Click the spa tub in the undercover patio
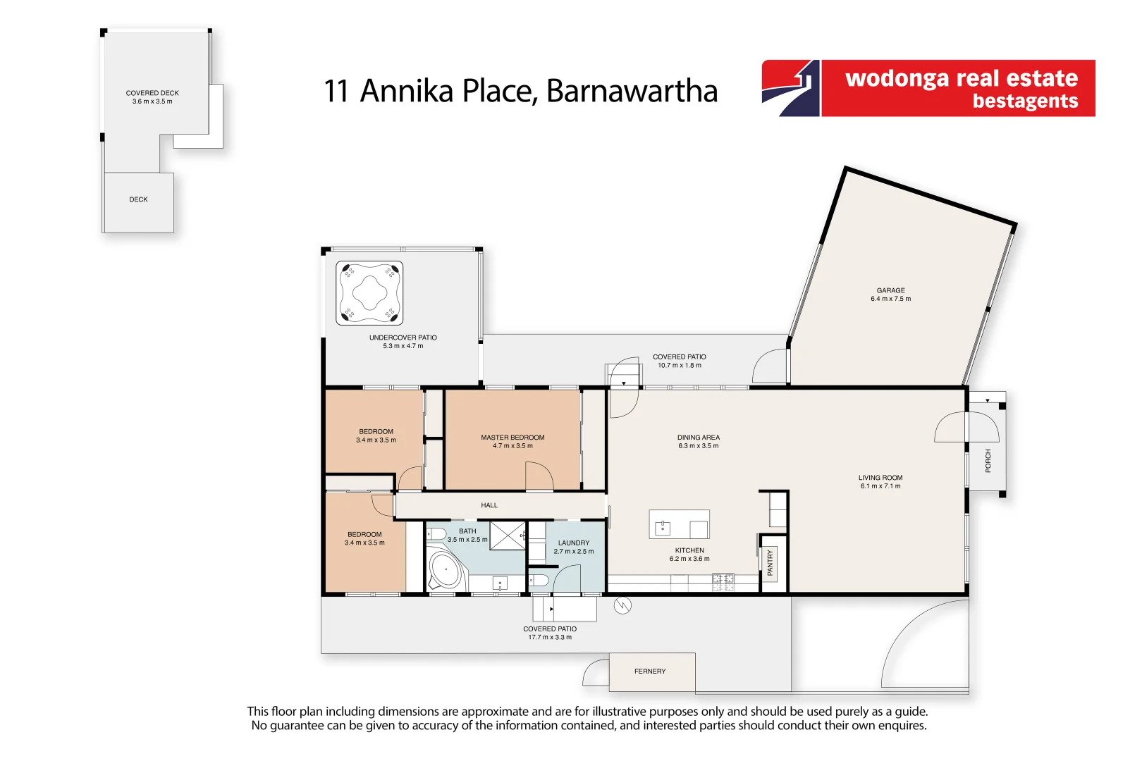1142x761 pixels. pos(369,292)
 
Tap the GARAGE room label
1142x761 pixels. pos(890,290)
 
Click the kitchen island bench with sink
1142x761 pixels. pos(679,525)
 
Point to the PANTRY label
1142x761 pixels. pos(770,563)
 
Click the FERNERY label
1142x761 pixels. pos(649,672)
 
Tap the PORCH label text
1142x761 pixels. pos(988,460)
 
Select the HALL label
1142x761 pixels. pos(489,505)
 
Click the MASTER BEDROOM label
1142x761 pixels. pos(512,438)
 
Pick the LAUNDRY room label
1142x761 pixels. pos(573,543)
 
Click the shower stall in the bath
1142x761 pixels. pos(508,536)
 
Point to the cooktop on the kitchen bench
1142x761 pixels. pos(723,582)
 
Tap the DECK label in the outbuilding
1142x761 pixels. pos(138,199)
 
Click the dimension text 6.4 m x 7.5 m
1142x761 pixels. pos(890,299)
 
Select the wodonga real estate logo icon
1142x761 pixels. pos(791,88)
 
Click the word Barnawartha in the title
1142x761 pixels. pos(632,91)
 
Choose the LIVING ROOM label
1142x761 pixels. pos(880,478)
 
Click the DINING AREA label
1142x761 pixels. pos(698,438)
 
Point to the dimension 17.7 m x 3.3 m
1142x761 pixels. pos(550,638)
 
